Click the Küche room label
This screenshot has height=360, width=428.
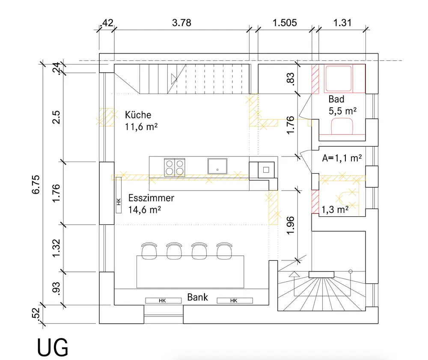coord(138,115)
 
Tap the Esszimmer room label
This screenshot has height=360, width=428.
coord(151,198)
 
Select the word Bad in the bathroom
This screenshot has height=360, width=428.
coord(336,99)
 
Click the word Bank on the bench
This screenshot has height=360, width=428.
coord(198,297)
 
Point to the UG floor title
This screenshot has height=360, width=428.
coord(52,347)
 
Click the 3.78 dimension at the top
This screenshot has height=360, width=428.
coord(181,23)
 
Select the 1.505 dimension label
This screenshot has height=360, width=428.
coord(285,23)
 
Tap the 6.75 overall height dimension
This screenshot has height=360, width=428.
coord(36,185)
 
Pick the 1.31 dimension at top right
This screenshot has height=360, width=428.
coord(342,23)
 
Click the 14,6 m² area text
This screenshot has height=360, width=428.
coord(145,210)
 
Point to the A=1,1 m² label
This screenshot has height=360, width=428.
coord(342,158)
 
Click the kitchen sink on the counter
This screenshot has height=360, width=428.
coord(217,166)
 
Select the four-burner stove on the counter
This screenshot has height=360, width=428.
coord(175,167)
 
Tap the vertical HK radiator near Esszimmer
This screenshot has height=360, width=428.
coord(119,195)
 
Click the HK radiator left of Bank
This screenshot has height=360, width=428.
coord(163,301)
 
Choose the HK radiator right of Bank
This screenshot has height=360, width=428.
coord(235,301)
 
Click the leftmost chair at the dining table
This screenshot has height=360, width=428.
coord(149,251)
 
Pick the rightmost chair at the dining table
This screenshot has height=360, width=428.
coord(224,251)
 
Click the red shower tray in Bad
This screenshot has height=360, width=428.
coord(338,79)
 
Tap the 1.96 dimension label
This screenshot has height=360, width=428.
coord(291,225)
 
